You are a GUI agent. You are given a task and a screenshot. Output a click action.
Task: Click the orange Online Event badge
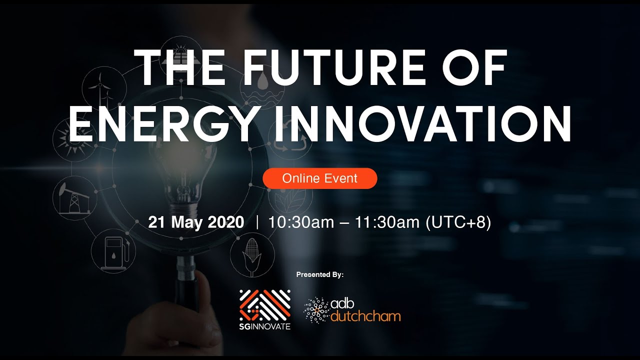click(x=320, y=178)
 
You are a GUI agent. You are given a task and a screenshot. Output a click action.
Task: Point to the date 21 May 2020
click(x=196, y=222)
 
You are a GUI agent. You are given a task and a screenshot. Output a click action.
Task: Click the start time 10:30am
click(x=301, y=222)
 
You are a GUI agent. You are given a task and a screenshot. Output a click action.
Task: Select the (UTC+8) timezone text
click(x=458, y=222)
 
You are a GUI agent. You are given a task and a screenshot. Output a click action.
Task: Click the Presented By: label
click(x=320, y=274)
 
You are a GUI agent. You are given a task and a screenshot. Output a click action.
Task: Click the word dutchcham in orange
click(x=365, y=316)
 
